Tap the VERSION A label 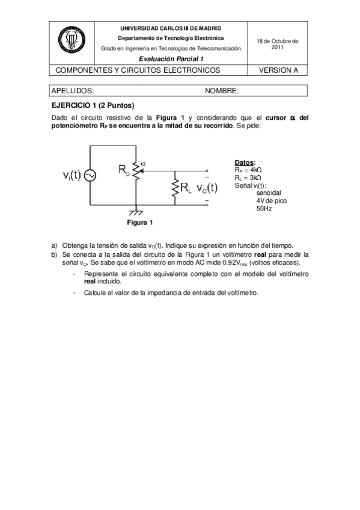coord(278,70)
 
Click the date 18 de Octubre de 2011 coord(278,43)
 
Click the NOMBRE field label coord(222,91)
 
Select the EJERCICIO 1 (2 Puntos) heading coord(91,104)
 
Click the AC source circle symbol coord(90,175)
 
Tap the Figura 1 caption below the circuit coord(139,223)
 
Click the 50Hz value coord(264,209)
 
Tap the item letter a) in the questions coord(55,245)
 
